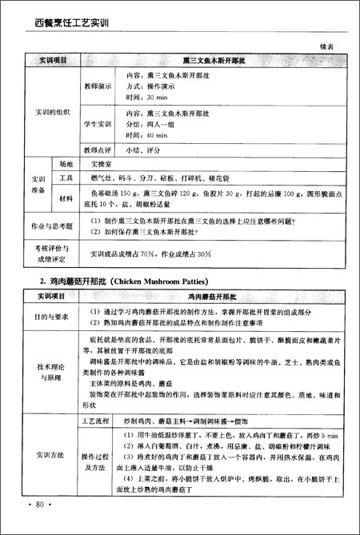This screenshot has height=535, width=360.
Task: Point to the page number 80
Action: [39, 505]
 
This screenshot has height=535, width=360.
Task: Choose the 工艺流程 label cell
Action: [97, 419]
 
